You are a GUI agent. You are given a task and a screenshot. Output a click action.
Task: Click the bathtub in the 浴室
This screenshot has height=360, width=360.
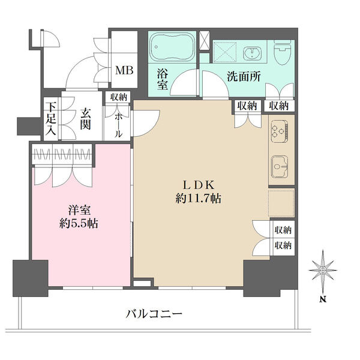(x=172, y=47)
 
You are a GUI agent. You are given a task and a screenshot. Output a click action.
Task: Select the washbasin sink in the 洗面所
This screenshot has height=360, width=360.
(x=252, y=53)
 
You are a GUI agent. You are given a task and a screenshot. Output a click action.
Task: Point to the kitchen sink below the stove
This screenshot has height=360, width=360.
(x=280, y=166)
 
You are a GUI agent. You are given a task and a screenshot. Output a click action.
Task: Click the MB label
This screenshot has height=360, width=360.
(x=124, y=70)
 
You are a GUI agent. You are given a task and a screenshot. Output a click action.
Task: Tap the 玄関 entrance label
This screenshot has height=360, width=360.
(x=85, y=119)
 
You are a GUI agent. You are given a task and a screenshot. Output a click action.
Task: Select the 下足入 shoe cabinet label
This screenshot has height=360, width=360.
(x=50, y=119)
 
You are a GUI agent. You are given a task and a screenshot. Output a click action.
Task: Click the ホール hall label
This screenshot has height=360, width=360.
(x=118, y=125)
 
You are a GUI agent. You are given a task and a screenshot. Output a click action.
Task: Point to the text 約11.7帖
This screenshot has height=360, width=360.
(x=199, y=198)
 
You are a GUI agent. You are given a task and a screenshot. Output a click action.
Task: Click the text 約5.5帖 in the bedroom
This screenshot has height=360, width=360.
(x=79, y=223)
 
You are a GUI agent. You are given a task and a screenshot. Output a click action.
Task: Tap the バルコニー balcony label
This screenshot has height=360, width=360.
(x=154, y=314)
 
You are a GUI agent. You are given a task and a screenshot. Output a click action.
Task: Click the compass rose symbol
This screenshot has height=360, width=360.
(x=323, y=270)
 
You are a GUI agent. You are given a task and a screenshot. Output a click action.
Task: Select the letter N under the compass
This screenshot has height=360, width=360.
(x=323, y=299)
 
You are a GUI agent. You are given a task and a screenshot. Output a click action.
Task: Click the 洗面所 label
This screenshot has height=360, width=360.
(x=244, y=76)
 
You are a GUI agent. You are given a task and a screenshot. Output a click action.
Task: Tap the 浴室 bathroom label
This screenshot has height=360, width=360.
(x=163, y=79)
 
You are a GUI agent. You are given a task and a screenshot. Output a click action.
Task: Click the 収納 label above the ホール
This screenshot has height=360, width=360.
(x=118, y=97)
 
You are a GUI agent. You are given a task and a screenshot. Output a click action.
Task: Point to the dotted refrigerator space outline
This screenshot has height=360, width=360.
(x=281, y=203)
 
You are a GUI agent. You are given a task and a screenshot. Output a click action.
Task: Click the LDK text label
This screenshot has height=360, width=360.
(x=199, y=185)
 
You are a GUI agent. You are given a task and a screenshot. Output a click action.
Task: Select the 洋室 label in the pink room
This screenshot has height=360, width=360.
(x=79, y=210)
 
